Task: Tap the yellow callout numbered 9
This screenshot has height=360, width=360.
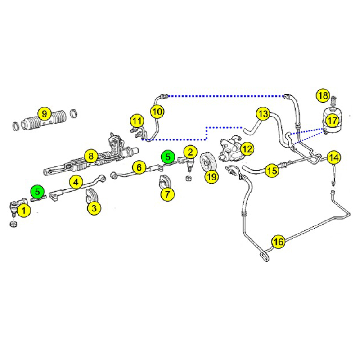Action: tap(44, 114)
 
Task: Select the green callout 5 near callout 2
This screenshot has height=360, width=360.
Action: tap(168, 157)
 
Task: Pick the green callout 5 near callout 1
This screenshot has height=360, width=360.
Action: tap(37, 192)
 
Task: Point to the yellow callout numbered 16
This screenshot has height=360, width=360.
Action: tap(279, 241)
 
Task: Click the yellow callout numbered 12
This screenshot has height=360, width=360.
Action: tap(247, 149)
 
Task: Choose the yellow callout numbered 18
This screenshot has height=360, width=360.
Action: tap(323, 95)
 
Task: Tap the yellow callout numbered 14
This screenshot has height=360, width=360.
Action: tap(333, 157)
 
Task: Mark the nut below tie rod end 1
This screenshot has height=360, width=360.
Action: tap(13, 224)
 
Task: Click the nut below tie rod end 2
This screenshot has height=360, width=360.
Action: tap(189, 178)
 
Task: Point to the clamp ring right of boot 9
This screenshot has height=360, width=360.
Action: tap(73, 113)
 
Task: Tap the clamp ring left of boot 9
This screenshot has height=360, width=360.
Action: tap(16, 126)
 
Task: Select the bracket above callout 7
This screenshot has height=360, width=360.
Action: tap(165, 182)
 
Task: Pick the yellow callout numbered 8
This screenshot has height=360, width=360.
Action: tap(91, 156)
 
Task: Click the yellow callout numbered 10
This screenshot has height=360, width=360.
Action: tap(157, 112)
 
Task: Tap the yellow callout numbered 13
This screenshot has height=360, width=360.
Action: tap(263, 114)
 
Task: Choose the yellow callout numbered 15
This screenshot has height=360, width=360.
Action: tap(272, 171)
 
